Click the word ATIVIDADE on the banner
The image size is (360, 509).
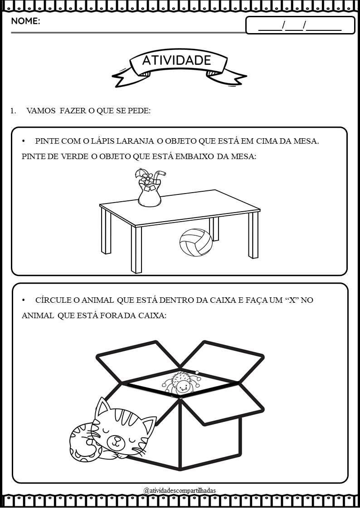click(176, 60)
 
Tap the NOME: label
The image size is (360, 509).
click(26, 21)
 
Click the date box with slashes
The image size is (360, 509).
click(300, 25)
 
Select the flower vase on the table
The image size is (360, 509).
click(150, 188)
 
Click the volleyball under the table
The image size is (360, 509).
click(196, 242)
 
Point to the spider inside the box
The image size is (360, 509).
click(181, 383)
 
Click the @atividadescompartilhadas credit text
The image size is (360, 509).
click(180, 490)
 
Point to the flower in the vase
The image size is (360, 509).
click(148, 178)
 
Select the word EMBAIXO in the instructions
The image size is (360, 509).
click(195, 157)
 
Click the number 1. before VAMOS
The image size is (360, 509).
click(13, 111)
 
